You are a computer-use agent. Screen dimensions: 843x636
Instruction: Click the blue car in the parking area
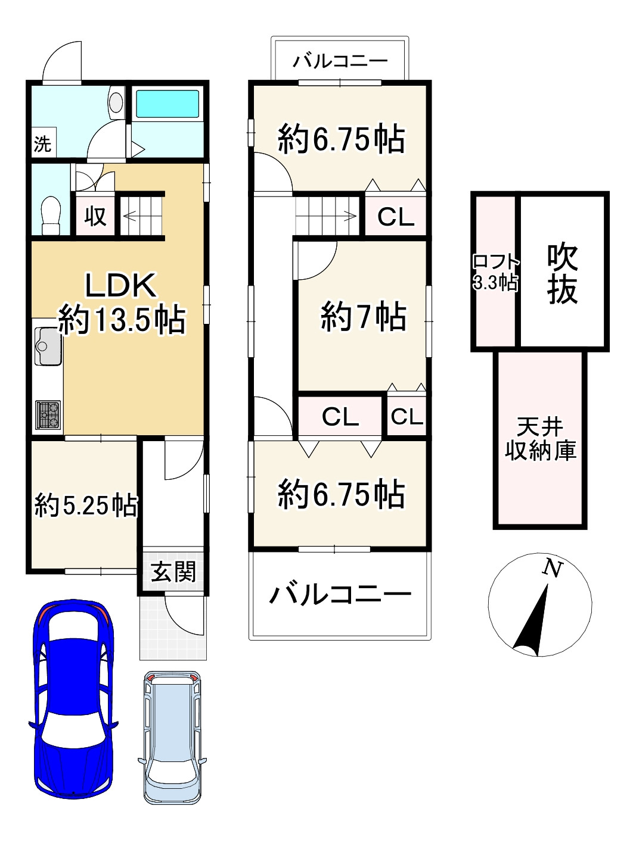pyautogui.click(x=73, y=700)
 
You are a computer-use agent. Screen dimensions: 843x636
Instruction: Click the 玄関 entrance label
pyautogui.click(x=172, y=572)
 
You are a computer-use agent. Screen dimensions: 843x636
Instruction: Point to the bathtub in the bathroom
pyautogui.click(x=167, y=104)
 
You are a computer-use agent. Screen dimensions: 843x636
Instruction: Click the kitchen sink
pyautogui.click(x=48, y=346)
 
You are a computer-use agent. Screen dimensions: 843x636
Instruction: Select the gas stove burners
pyautogui.click(x=48, y=414)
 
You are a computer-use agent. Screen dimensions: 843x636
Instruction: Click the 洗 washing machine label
pyautogui.click(x=42, y=143)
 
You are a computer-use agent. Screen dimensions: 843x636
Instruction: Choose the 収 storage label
pyautogui.click(x=95, y=216)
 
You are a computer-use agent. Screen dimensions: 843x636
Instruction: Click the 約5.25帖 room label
pyautogui.click(x=86, y=506)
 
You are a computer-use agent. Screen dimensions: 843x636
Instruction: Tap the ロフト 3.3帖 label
pyautogui.click(x=495, y=272)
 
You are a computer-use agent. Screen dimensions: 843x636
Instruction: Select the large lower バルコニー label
pyautogui.click(x=340, y=594)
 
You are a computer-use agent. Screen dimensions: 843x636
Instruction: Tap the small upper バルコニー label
pyautogui.click(x=340, y=61)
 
